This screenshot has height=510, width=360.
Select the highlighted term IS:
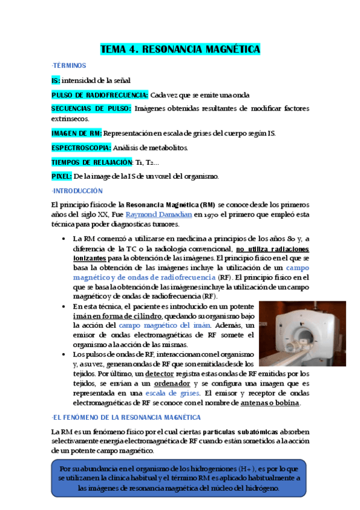(x=55, y=80)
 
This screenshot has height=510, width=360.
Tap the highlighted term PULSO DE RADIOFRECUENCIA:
(x=100, y=95)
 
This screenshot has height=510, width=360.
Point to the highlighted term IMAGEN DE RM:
(x=76, y=133)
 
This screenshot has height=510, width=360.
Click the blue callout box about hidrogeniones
(x=179, y=479)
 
